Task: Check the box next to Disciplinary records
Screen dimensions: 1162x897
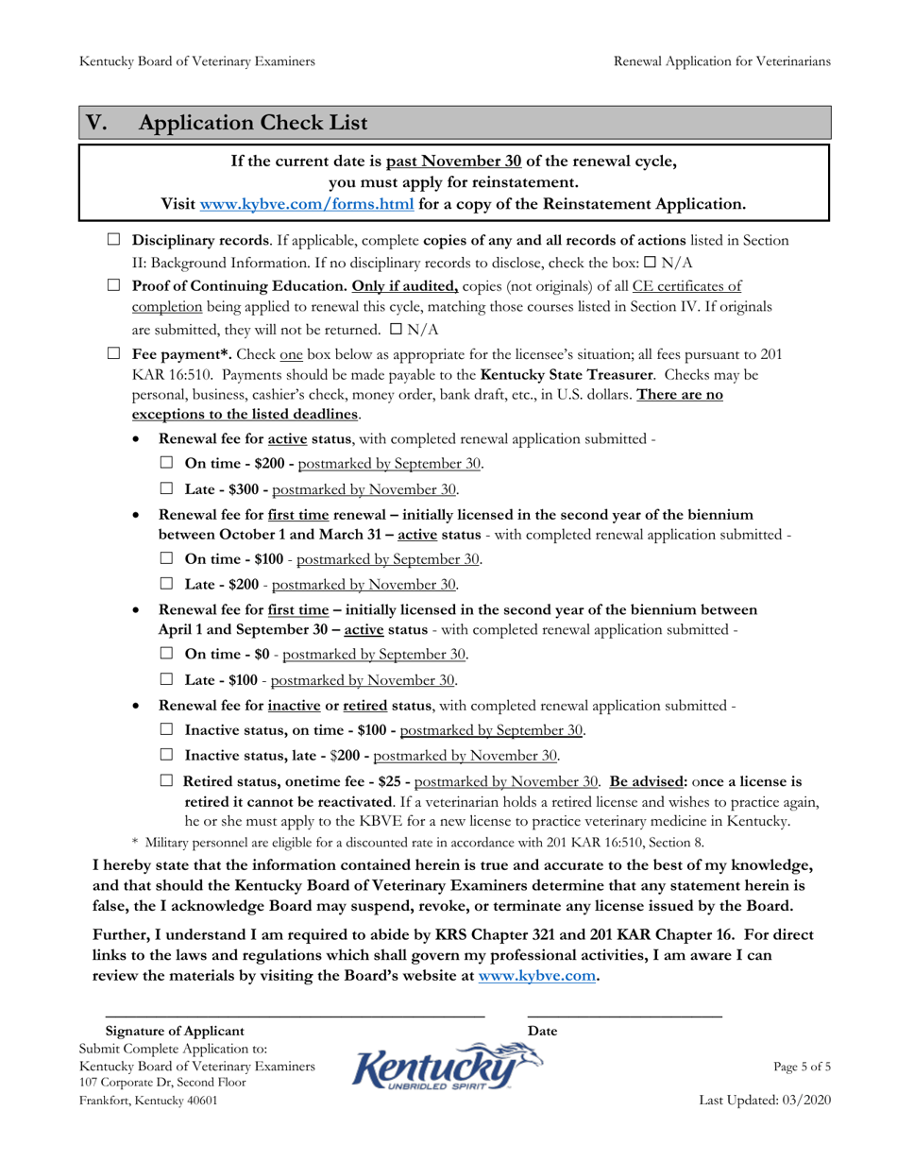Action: click(x=115, y=242)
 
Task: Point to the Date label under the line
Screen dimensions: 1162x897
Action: click(x=542, y=1031)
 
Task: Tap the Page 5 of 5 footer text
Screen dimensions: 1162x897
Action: click(x=802, y=1067)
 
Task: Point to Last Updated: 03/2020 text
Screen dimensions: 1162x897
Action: click(x=765, y=1102)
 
